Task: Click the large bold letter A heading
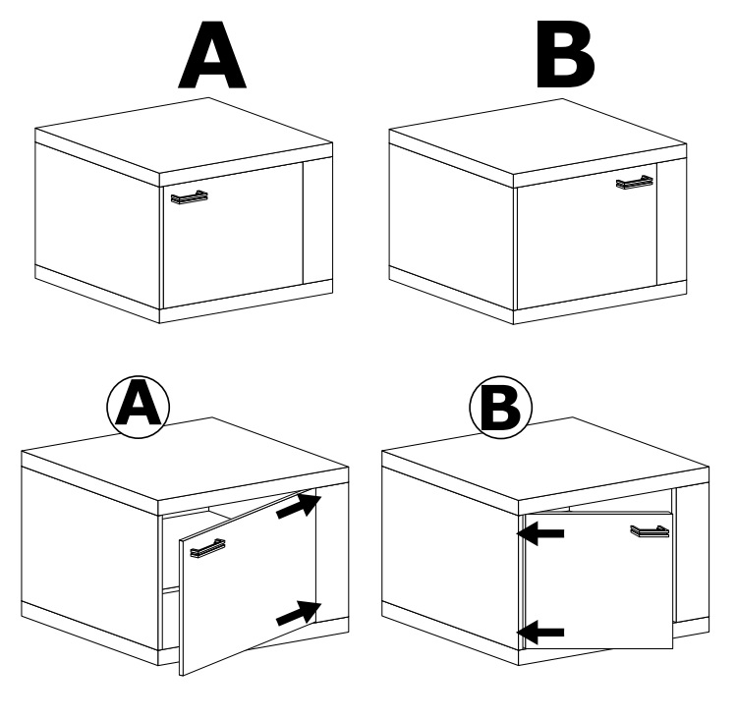212,55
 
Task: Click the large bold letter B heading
565,55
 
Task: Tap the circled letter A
138,407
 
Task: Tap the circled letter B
501,407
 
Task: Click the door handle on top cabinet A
190,197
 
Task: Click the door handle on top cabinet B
635,183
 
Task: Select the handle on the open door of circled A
207,548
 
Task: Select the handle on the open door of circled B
650,530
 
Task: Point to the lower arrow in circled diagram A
299,613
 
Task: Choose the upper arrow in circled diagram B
540,533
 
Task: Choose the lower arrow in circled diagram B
540,633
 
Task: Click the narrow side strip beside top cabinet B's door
672,222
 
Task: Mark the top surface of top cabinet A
184,136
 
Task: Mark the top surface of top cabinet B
538,137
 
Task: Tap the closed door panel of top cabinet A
233,236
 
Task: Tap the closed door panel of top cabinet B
587,237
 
